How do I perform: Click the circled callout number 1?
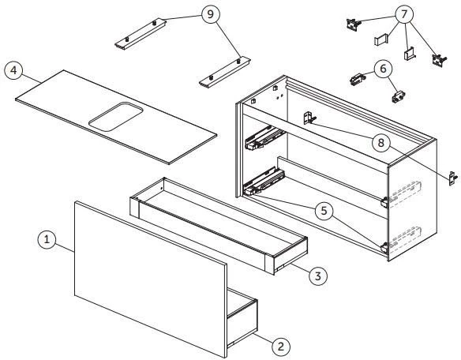pos(47,239)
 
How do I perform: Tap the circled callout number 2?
pos(281,346)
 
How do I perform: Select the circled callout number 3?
pos(318,276)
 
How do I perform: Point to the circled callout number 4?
pos(13,70)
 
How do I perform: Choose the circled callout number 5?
pos(324,211)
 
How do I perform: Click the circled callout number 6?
pos(383,69)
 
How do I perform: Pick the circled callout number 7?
pos(404,14)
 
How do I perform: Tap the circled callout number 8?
pos(381,143)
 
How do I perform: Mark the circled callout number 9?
pos(211,14)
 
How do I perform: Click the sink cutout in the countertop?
pos(116,117)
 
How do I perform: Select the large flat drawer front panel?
pos(151,279)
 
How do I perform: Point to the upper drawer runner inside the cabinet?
pos(264,137)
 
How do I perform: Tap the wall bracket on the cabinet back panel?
pos(309,118)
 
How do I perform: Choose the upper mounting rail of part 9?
pos(141,34)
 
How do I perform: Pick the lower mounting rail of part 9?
pos(225,73)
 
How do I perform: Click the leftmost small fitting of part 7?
pos(353,24)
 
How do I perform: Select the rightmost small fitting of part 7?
pos(439,61)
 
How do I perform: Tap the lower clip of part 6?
pos(399,96)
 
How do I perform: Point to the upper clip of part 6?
pos(358,79)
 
